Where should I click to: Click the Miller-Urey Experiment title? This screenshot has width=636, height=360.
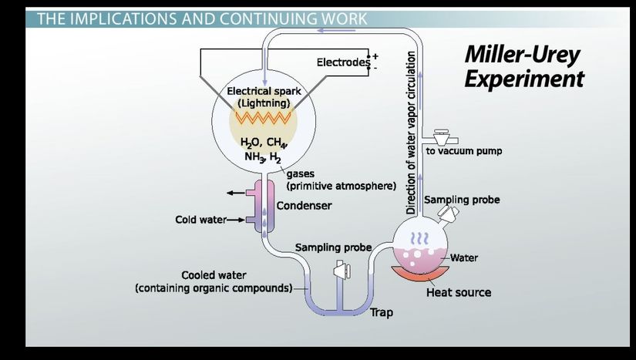point(523,67)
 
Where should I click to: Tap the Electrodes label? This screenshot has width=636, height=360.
point(343,62)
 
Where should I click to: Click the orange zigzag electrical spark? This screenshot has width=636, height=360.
point(263,118)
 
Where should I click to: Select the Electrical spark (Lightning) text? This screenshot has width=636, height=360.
point(264,96)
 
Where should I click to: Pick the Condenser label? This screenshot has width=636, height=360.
point(304,206)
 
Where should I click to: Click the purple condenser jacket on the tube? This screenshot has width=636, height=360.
point(257,203)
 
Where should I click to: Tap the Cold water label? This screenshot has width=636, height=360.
point(200,220)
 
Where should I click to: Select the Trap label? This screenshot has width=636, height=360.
point(382,312)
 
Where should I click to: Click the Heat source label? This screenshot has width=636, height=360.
point(459,292)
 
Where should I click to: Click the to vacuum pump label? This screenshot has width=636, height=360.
point(464,151)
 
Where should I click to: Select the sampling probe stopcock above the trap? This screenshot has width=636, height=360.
point(339,271)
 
